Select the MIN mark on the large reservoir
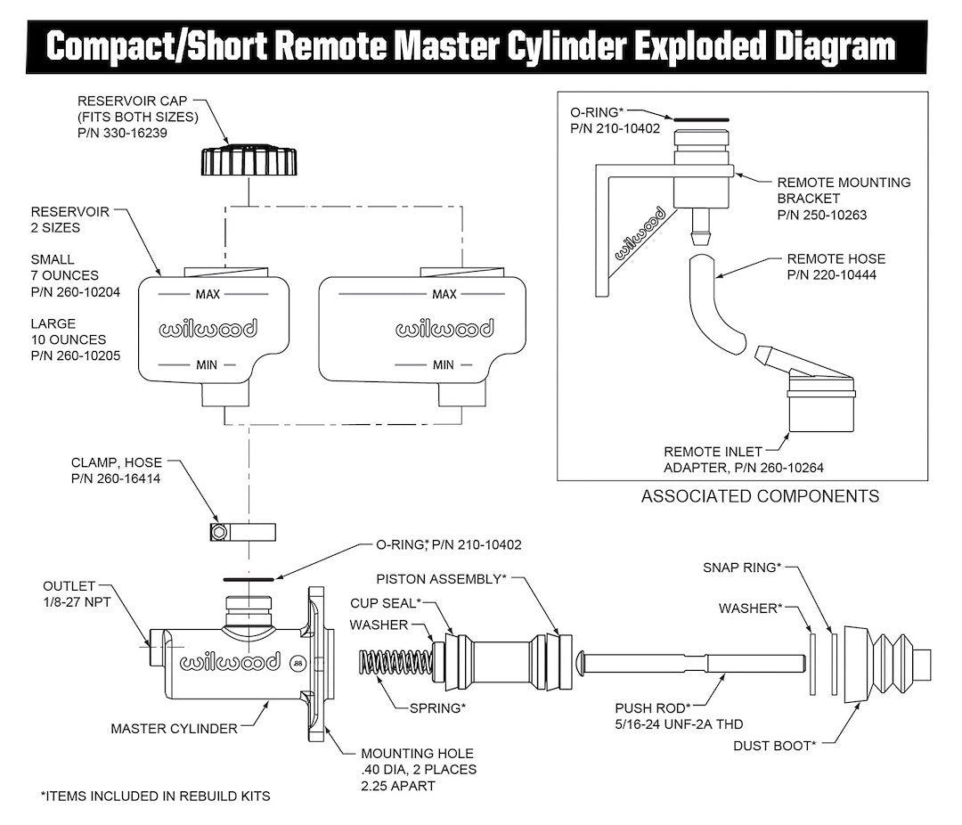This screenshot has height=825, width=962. click(x=443, y=364)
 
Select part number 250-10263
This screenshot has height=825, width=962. click(x=820, y=215)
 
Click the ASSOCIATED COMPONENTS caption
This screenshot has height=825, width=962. click(x=760, y=496)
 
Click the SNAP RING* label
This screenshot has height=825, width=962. click(x=741, y=567)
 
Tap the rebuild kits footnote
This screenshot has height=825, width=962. click(x=155, y=796)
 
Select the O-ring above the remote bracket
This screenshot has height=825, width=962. click(x=701, y=118)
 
